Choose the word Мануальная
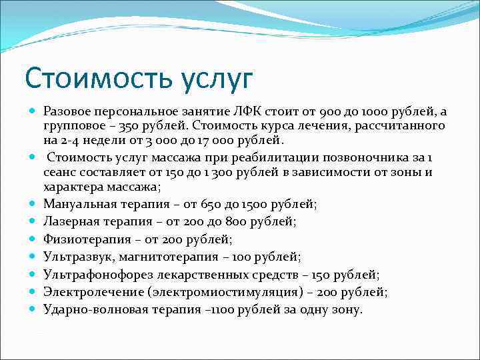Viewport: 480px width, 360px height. click(77, 205)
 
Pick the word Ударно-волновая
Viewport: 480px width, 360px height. click(91, 309)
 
